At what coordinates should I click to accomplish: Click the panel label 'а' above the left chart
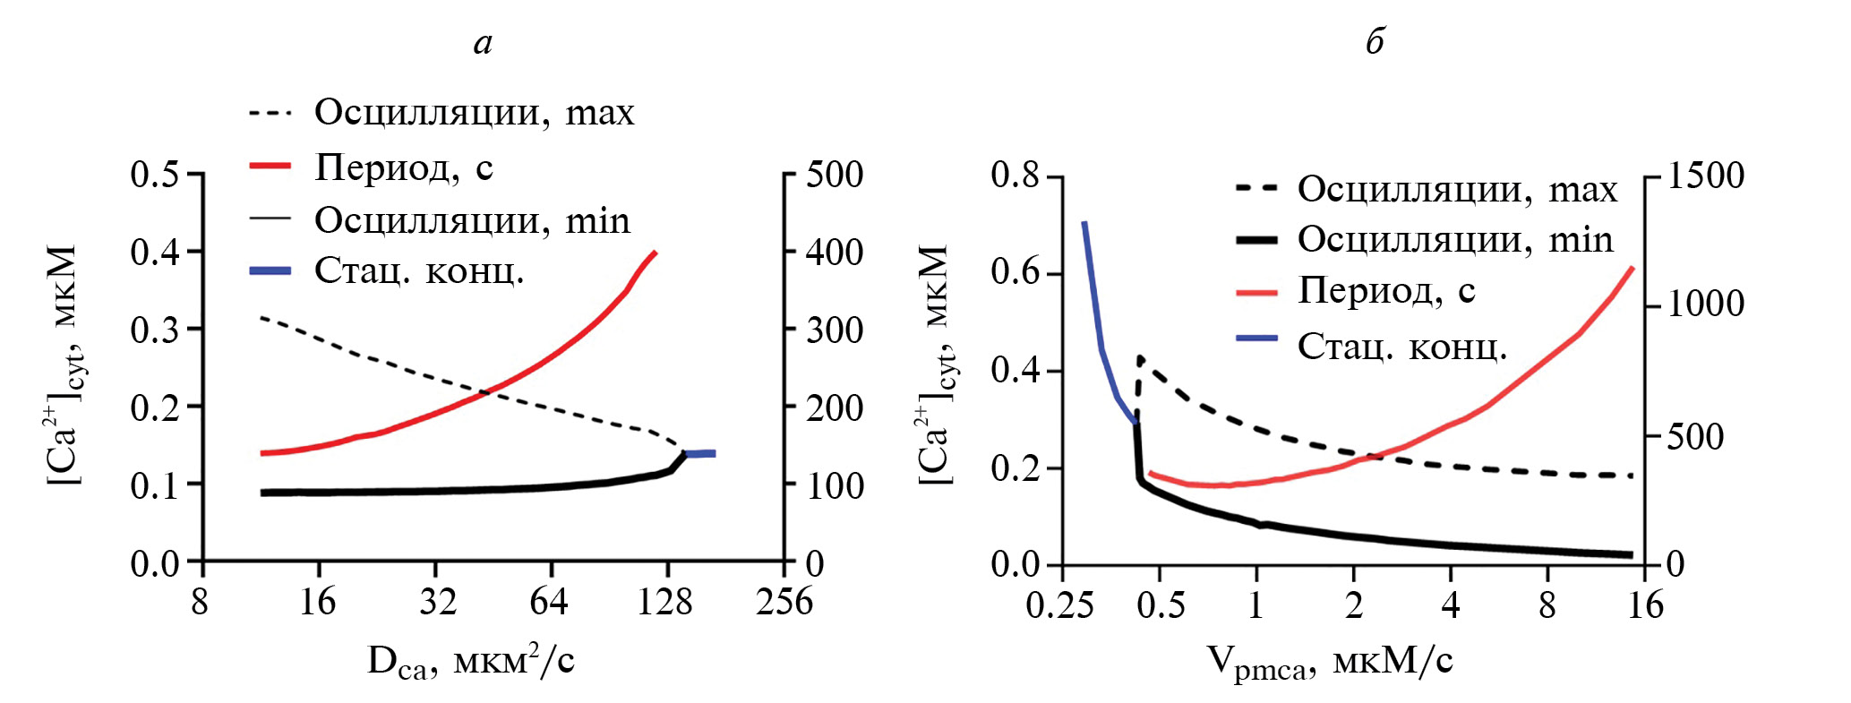tap(483, 43)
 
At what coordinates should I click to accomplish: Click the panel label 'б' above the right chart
tap(1375, 41)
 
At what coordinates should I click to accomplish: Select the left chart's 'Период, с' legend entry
tap(403, 167)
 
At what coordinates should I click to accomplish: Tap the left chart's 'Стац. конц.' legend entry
tap(418, 270)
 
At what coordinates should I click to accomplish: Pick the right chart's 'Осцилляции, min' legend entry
tap(1455, 239)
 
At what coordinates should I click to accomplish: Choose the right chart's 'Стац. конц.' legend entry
tap(1401, 346)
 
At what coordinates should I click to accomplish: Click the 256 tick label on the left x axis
tap(784, 602)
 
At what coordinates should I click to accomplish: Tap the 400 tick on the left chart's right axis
tap(834, 253)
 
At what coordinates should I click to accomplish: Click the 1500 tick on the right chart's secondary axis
tap(1705, 176)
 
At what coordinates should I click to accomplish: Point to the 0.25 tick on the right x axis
tap(1059, 605)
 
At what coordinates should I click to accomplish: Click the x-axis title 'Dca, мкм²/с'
tap(471, 662)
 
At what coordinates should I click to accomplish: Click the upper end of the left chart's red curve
tap(655, 253)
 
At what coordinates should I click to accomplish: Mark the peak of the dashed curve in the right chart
tap(1140, 357)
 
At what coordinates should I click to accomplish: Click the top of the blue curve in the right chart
tap(1084, 223)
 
